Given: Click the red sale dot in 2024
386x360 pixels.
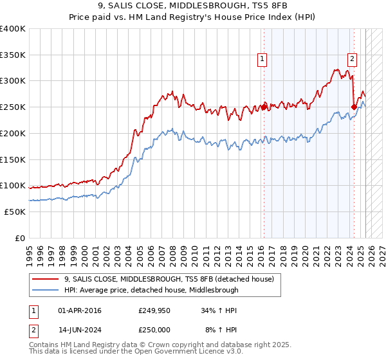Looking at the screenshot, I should coord(354,107).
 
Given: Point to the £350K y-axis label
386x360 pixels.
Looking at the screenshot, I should coord(13,55).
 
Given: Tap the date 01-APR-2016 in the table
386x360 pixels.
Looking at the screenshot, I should coord(80,311).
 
